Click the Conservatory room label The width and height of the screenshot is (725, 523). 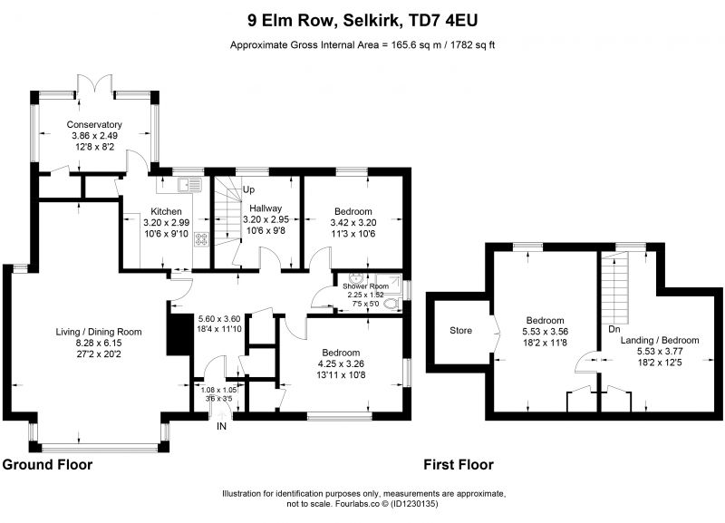(x=94, y=124)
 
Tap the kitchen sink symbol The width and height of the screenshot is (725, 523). (x=190, y=185)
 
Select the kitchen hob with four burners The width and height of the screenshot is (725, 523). (x=202, y=238)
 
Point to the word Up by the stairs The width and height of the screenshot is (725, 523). (x=248, y=189)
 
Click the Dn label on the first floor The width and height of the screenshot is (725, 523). (x=614, y=329)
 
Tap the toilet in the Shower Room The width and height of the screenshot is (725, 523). (x=393, y=304)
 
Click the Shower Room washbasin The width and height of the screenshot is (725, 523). (x=356, y=278)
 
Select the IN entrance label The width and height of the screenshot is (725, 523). (x=221, y=426)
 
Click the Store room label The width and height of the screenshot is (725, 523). (x=461, y=330)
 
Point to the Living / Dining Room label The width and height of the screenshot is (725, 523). (x=99, y=332)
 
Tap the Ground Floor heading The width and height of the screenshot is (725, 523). (x=47, y=464)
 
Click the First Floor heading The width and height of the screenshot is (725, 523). (x=459, y=464)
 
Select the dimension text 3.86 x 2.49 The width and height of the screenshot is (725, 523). (x=94, y=135)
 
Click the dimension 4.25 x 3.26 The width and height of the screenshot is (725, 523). (x=342, y=363)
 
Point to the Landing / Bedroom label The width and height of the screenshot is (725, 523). (x=660, y=340)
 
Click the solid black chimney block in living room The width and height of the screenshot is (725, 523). (x=180, y=334)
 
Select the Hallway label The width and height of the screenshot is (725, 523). (x=266, y=208)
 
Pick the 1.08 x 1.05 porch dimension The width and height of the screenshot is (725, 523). (x=218, y=390)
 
